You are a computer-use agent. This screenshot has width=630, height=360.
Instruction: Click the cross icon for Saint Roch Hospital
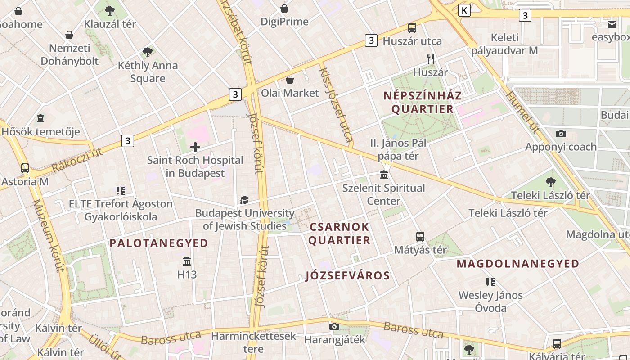[195, 147]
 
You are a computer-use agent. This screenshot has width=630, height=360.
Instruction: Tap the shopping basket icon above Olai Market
[290, 80]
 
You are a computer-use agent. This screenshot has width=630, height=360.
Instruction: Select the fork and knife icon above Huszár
[431, 58]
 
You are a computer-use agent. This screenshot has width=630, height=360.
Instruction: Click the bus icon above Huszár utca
[412, 28]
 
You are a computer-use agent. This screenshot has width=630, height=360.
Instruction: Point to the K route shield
[464, 10]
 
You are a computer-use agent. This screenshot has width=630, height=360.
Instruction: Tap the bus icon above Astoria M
[25, 168]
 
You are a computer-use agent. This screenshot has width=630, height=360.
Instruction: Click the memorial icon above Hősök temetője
[40, 119]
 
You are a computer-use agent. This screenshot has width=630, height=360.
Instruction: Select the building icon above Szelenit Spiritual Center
[384, 175]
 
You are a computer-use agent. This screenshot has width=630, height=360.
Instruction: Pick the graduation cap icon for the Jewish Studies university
[244, 200]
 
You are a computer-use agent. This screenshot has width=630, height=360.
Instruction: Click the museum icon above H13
[187, 261]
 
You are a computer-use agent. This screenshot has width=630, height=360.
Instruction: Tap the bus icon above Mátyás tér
[420, 236]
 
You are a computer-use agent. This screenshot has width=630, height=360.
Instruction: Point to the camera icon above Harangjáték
[334, 326]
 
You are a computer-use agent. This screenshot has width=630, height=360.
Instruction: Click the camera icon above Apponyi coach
[561, 134]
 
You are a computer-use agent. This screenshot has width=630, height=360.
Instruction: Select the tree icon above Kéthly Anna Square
[147, 52]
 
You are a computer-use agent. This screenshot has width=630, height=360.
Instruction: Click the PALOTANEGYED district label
[159, 243]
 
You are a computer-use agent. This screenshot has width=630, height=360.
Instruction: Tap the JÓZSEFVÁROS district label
[347, 275]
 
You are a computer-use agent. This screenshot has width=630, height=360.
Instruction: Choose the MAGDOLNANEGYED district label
[518, 264]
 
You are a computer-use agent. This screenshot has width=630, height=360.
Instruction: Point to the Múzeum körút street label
[47, 236]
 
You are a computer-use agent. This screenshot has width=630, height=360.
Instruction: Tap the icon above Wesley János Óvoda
[490, 282]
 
